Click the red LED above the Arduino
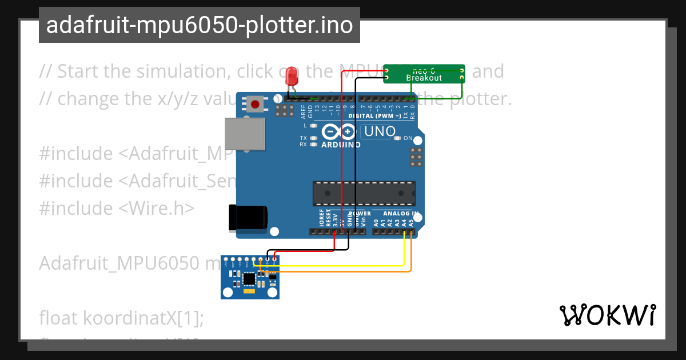[292, 76]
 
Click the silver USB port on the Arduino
[245, 135]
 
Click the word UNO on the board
[380, 131]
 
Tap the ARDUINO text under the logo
[341, 145]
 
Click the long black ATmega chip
[364, 193]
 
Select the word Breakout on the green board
[424, 77]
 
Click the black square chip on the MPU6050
[249, 279]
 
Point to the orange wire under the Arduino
[343, 271]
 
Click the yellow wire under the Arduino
[343, 265]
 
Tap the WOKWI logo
[607, 315]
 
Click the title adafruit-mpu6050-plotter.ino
[199, 25]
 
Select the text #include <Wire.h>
[117, 208]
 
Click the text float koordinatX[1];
[121, 318]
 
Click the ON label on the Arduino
[408, 138]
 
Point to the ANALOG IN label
[400, 214]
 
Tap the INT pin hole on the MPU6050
[226, 260]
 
